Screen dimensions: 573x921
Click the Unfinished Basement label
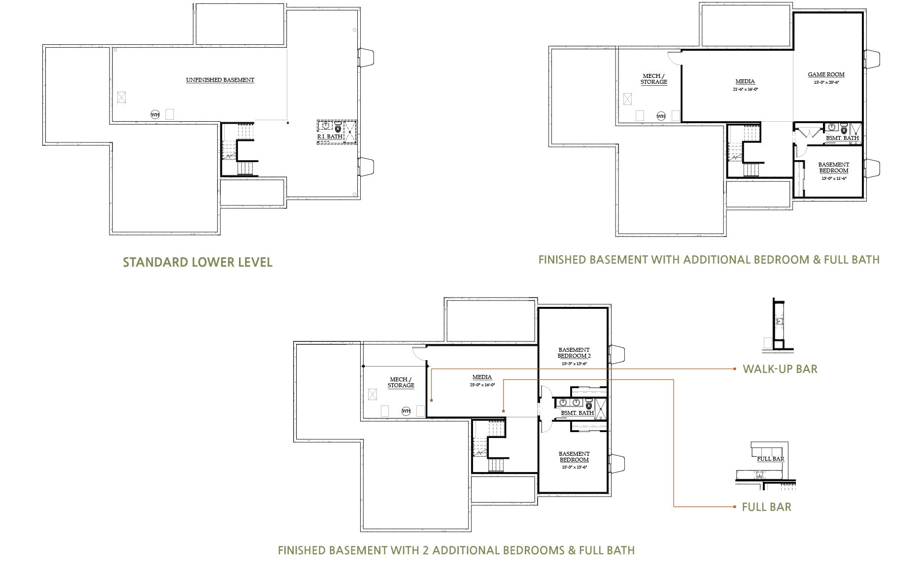click(x=220, y=80)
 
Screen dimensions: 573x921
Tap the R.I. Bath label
click(x=330, y=136)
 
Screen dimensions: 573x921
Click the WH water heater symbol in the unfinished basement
click(x=155, y=115)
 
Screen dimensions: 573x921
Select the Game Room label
click(x=826, y=75)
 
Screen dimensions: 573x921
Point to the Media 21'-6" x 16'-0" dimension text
click(x=745, y=90)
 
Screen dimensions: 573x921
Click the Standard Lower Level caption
click(x=197, y=262)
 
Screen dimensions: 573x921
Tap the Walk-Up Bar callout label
click(x=780, y=369)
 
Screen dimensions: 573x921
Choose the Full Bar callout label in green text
click(x=766, y=507)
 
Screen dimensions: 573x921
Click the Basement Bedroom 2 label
click(x=574, y=353)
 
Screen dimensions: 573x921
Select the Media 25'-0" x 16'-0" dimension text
click(x=482, y=385)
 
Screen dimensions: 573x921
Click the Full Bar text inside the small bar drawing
click(x=770, y=459)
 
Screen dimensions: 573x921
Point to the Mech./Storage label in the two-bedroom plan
click(x=401, y=382)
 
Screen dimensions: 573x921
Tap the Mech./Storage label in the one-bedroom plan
click(x=654, y=79)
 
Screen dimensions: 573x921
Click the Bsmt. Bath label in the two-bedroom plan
click(x=577, y=413)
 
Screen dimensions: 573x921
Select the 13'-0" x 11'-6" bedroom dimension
click(x=833, y=178)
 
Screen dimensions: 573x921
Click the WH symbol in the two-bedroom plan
click(x=406, y=411)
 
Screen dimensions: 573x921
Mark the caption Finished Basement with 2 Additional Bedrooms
click(x=456, y=550)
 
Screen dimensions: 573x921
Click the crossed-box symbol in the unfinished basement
click(x=121, y=98)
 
